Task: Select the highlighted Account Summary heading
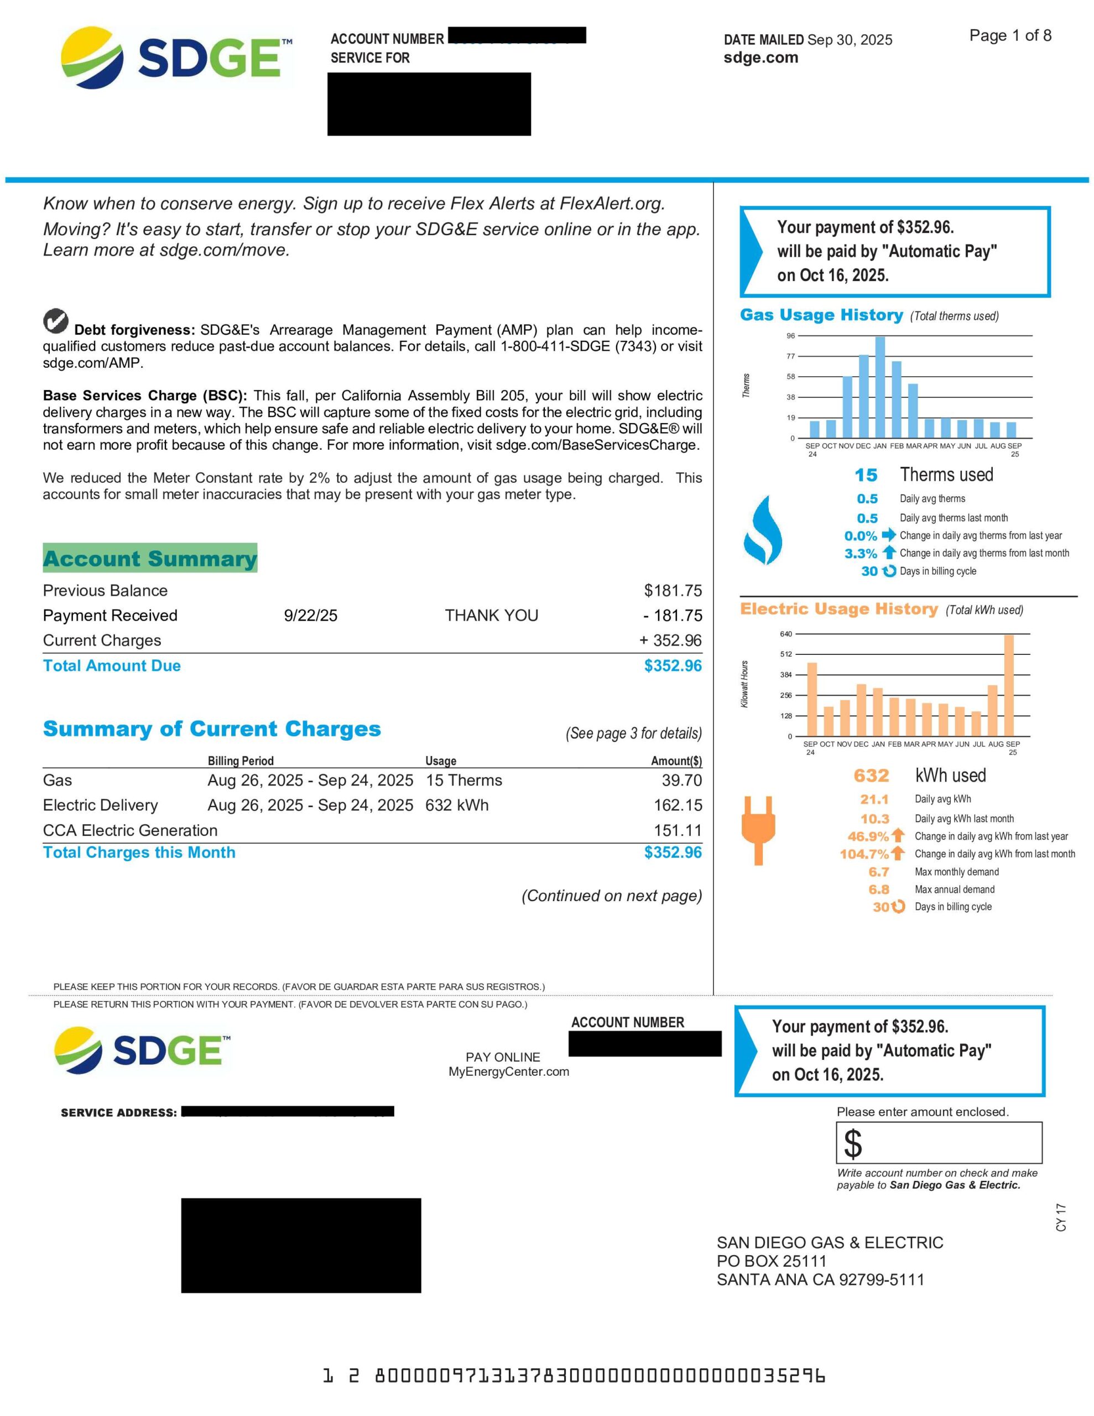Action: click(150, 558)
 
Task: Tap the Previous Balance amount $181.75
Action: click(673, 591)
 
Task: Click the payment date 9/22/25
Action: click(311, 615)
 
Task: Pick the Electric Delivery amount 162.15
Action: click(678, 805)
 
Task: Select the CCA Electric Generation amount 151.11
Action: click(678, 831)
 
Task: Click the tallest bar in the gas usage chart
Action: click(880, 387)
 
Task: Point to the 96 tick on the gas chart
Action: click(790, 336)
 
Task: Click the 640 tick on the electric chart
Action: click(786, 634)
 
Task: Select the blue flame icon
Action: click(763, 530)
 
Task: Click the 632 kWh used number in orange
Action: click(871, 775)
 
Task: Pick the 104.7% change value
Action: click(864, 855)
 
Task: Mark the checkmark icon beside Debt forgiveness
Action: click(56, 320)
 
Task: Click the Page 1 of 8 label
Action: click(1010, 35)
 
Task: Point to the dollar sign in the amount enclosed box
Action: click(853, 1144)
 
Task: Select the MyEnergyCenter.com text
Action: click(508, 1072)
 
